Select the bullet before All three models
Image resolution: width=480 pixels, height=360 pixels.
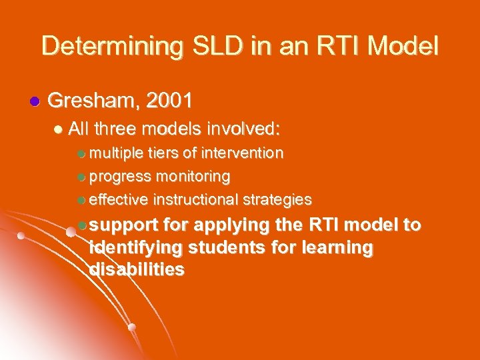coord(61,128)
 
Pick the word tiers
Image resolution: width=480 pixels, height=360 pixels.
coord(163,153)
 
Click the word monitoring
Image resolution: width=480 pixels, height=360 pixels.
coord(193,177)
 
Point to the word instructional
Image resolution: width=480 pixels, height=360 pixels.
coord(195,199)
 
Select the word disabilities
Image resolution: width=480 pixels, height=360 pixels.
coord(137,269)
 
